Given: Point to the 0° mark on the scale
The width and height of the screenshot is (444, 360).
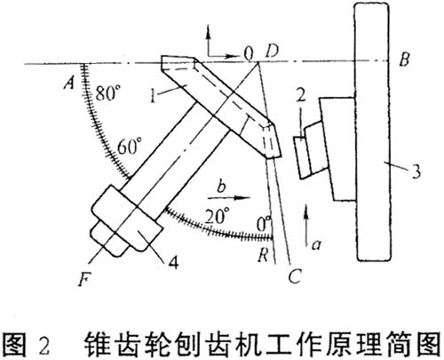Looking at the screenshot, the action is coord(264,224).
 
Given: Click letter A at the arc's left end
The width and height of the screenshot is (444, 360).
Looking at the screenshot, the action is coord(70,83).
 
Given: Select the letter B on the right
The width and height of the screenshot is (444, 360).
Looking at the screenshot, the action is coord(404,60).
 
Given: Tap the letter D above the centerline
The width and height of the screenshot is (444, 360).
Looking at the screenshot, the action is coord(272,52).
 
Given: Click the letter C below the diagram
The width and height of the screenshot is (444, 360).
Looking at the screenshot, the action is coord(295,276).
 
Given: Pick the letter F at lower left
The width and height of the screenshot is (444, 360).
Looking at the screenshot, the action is coord(84,279).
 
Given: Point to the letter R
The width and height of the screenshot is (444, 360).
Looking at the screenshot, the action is coord(263,255).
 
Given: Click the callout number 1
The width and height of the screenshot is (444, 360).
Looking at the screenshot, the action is coord(153,95).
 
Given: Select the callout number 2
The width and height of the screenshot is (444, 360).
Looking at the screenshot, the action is coord(301,95).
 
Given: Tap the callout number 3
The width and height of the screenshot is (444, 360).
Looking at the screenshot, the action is coord(416,172).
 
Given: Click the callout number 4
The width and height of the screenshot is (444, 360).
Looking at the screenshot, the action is coord(173,262).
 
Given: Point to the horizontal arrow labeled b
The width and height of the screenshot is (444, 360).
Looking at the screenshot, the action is coord(230,197).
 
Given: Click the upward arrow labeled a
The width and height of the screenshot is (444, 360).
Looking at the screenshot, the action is coord(306,225).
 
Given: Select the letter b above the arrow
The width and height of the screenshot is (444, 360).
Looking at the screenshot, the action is coord(221,186).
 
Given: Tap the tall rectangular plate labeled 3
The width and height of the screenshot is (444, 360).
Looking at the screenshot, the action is coord(372,132).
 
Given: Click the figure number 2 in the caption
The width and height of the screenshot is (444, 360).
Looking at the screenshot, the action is coord(44,346).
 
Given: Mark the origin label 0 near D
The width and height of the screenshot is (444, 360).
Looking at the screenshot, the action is coord(249,53).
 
